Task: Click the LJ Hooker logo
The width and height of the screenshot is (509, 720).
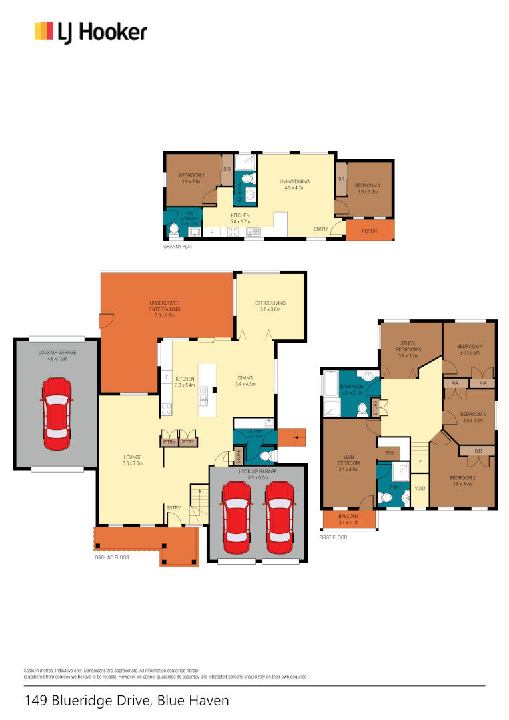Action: pos(91,32)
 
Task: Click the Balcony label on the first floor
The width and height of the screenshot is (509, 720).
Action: pos(348,519)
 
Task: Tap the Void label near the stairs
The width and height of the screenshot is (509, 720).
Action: pos(420,489)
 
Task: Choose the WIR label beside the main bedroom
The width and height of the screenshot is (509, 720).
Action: pos(390,453)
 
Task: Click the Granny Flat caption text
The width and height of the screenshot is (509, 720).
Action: pos(179,247)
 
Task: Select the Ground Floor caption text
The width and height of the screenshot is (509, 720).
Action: pos(111,557)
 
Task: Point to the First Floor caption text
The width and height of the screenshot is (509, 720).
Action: pos(334,537)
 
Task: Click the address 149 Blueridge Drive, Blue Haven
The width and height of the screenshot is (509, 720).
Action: pos(127,701)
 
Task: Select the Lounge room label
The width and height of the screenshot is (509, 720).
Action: pos(133,460)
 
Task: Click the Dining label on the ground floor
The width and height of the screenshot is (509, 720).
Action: pos(245,380)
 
